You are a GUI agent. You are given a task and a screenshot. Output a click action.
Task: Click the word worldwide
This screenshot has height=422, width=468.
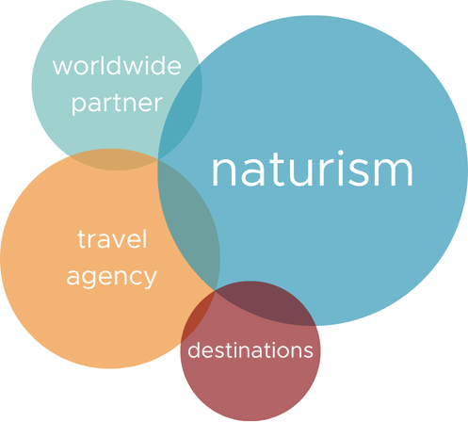(117, 66)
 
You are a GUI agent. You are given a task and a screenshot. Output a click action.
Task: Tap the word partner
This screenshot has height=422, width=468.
(117, 104)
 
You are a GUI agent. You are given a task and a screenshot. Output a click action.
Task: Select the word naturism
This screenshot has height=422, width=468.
(313, 169)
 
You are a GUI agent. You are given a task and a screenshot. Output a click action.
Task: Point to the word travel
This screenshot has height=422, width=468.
(112, 239)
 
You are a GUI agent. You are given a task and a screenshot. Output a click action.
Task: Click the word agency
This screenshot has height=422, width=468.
(112, 278)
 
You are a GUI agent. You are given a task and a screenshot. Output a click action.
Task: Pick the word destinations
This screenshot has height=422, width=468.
(250, 349)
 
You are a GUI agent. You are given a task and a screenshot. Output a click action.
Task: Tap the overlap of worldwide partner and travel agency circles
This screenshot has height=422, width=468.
(114, 159)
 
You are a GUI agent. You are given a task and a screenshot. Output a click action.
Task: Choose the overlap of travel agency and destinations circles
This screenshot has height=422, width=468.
(196, 316)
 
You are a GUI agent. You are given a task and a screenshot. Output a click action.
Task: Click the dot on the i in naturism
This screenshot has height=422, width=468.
(341, 154)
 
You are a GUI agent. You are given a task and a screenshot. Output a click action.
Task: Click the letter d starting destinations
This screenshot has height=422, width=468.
(195, 349)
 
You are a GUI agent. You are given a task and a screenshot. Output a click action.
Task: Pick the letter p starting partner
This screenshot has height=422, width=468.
(79, 105)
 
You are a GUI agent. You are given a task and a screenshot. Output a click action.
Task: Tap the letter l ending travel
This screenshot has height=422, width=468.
(145, 239)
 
